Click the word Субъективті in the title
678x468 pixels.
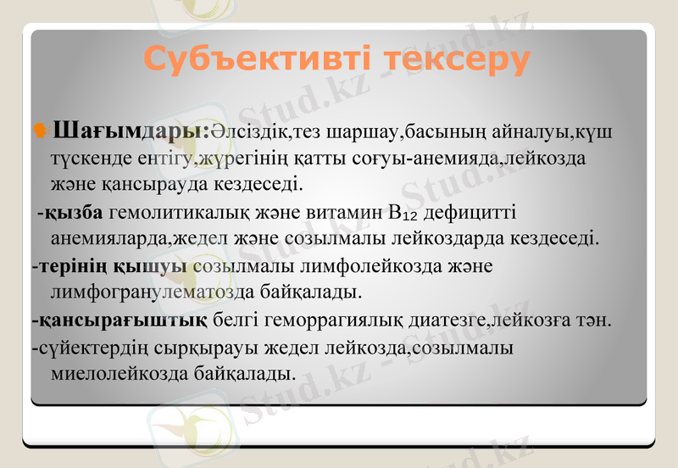point(256,59)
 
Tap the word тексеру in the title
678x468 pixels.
point(455,59)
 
